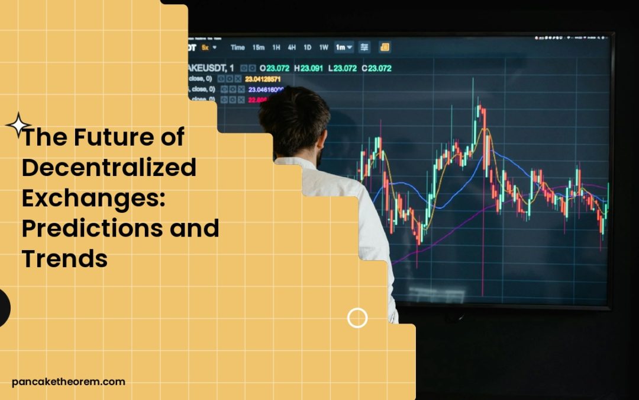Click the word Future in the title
114,138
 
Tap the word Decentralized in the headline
109,168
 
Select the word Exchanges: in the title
93,199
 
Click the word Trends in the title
65,258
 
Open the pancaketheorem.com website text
69,382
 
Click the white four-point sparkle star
18,126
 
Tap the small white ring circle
357,318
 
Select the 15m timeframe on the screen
259,47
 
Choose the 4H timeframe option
292,47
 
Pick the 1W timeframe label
324,47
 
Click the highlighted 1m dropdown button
344,47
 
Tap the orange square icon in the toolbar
385,47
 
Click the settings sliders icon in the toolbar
364,47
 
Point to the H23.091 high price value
309,68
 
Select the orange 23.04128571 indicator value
263,79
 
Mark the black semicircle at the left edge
5,309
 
